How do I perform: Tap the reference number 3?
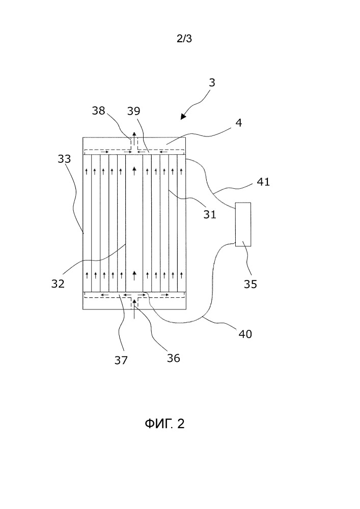click(212, 82)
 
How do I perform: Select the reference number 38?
click(100, 110)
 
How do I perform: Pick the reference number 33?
click(65, 159)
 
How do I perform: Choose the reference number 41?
click(263, 182)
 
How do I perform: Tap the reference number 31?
click(209, 214)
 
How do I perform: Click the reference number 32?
click(58, 284)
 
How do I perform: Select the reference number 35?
click(250, 284)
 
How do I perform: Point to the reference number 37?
click(121, 360)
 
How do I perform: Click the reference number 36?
click(173, 358)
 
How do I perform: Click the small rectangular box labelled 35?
click(243, 224)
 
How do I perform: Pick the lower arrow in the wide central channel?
click(134, 275)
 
